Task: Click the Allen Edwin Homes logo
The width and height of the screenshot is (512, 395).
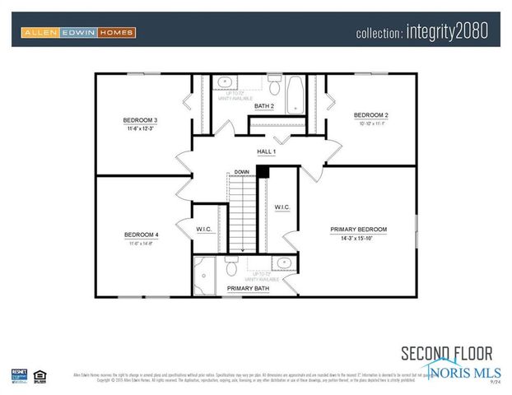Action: click(x=78, y=33)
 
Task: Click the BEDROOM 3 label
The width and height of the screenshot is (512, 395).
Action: click(x=142, y=121)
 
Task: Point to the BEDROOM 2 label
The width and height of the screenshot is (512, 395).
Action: click(x=370, y=114)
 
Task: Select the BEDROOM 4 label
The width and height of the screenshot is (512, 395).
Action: click(x=142, y=235)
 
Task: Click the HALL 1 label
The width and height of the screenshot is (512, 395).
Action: click(x=265, y=151)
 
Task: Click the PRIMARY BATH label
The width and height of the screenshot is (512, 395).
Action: click(x=247, y=289)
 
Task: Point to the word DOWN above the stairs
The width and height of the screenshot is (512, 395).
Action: click(x=241, y=172)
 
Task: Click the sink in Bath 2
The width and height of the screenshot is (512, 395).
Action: click(x=224, y=81)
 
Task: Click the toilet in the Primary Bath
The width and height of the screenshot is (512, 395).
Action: click(x=233, y=266)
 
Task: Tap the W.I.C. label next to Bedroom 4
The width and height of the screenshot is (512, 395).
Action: click(x=205, y=229)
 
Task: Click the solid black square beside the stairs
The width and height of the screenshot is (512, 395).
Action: click(x=263, y=170)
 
